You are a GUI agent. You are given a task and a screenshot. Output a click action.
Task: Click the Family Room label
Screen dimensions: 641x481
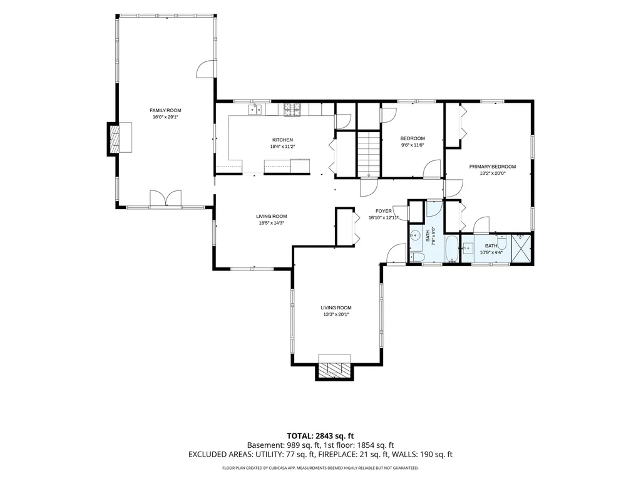(x=165, y=110)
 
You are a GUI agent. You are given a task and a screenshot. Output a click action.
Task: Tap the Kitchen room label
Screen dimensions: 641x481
(x=282, y=140)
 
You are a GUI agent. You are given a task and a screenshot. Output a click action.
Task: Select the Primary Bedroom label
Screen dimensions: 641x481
(x=492, y=167)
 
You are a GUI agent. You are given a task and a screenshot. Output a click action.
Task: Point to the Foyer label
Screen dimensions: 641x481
(x=384, y=211)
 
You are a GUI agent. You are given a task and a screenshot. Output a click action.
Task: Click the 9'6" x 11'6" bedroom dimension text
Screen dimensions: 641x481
(x=413, y=145)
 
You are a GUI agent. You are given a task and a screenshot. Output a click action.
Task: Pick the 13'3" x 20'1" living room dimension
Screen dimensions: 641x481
(x=336, y=314)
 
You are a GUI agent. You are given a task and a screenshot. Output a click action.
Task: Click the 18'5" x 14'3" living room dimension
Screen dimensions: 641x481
(x=272, y=223)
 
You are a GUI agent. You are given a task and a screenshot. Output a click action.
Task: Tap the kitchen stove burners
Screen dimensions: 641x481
(x=292, y=110)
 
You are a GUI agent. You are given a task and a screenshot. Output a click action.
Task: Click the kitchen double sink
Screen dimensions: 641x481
(x=255, y=110)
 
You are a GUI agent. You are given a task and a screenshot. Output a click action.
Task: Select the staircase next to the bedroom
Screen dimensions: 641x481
(x=369, y=153)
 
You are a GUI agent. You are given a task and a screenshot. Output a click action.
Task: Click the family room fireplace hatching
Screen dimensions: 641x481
(x=115, y=138)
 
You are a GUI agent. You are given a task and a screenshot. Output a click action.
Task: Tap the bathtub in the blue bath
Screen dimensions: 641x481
(x=452, y=249)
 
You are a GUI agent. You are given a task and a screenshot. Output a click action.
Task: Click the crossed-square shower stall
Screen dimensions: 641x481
(x=521, y=248)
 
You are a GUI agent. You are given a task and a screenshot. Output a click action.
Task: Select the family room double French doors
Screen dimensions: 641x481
(x=165, y=199)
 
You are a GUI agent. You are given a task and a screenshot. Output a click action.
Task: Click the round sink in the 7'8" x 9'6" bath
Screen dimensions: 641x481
(x=416, y=236)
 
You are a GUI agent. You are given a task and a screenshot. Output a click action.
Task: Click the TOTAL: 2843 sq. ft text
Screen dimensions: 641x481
(x=320, y=436)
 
